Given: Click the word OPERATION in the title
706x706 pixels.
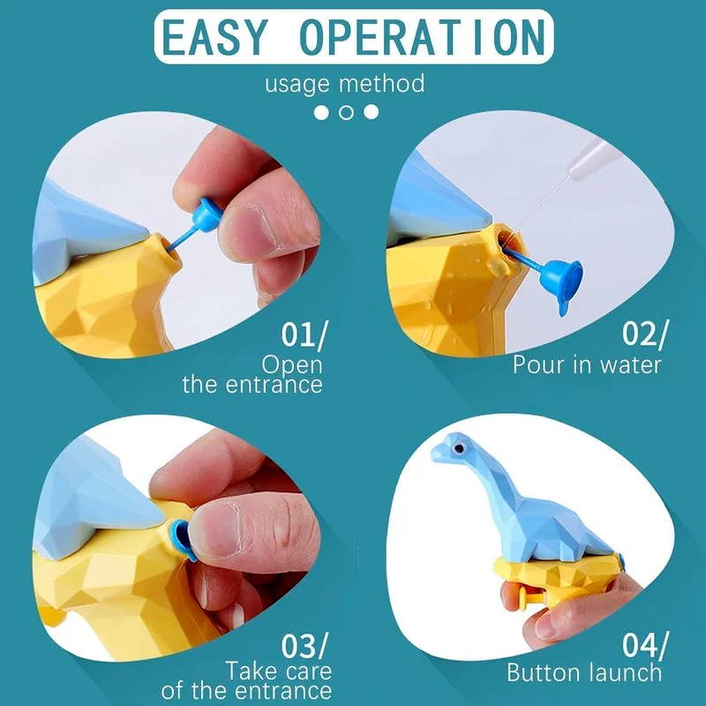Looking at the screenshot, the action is (422, 37).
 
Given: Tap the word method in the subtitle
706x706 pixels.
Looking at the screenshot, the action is (381, 84).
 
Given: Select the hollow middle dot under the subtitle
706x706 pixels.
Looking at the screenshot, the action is (346, 112).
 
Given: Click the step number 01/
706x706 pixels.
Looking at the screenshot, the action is (304, 334).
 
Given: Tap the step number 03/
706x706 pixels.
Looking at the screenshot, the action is (304, 646).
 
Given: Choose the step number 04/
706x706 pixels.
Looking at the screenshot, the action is (646, 645).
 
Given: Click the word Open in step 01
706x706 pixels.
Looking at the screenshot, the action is (292, 365).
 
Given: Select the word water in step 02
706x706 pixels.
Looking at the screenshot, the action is (631, 364).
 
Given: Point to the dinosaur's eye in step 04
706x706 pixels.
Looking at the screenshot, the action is (458, 448).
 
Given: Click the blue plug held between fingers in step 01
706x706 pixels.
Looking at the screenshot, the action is (206, 215).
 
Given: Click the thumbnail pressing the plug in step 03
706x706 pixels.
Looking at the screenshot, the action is (222, 527).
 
